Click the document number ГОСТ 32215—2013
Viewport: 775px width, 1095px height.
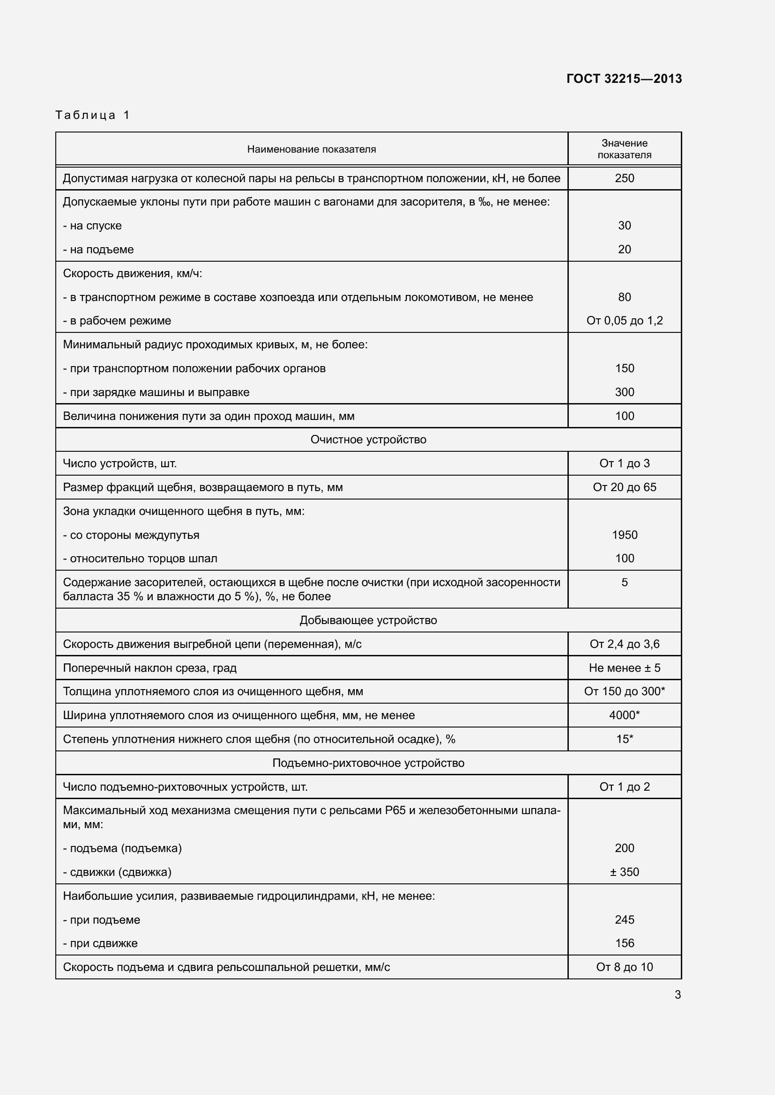624,79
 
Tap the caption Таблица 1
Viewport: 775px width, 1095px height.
93,115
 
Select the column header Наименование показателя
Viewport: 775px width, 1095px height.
311,149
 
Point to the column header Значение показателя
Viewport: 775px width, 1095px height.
624,149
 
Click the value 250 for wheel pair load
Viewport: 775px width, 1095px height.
624,178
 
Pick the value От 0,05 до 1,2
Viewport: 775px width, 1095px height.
624,321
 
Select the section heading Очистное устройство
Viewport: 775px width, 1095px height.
368,439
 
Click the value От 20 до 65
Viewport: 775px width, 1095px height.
624,487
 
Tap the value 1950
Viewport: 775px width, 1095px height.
624,535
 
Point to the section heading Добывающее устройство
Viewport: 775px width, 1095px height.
368,620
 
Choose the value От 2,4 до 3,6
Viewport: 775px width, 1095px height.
624,644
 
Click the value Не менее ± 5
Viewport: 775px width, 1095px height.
624,668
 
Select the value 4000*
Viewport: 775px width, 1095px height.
624,715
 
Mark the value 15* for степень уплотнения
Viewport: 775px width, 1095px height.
624,739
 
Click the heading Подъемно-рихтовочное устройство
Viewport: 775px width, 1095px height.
368,763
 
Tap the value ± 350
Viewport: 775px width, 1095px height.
624,872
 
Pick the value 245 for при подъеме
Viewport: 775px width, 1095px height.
624,919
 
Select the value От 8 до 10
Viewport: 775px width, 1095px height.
624,967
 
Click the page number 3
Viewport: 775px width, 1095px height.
678,994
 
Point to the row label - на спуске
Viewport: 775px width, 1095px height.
92,226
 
